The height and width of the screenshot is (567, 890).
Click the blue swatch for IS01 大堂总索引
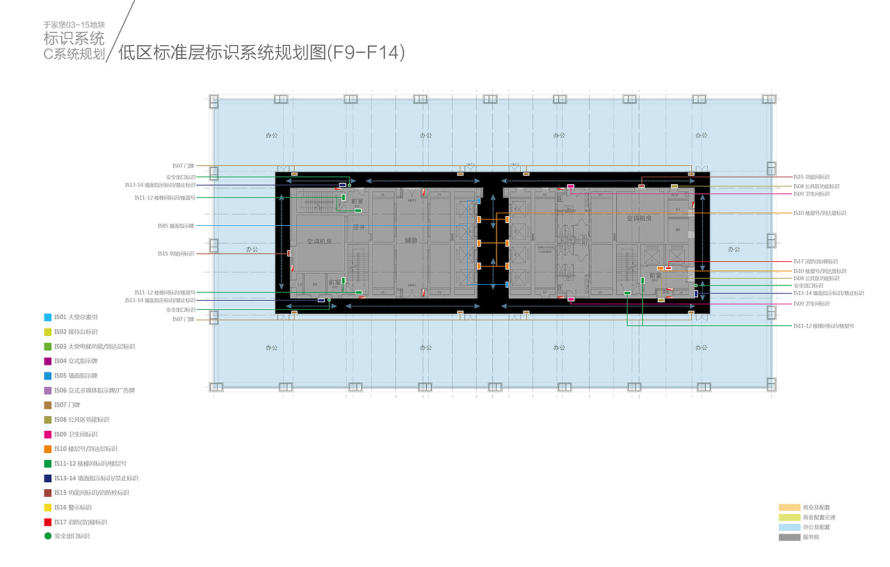(47, 318)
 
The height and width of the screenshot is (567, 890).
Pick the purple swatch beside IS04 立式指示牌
(47, 361)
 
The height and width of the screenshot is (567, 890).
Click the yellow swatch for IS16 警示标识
(47, 507)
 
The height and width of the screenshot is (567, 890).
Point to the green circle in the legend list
(47, 536)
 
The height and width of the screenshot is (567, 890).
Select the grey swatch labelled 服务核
(789, 537)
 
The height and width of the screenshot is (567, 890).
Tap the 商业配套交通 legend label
(819, 518)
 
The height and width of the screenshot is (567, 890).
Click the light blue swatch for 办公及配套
(789, 527)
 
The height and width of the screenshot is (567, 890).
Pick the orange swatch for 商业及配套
(789, 508)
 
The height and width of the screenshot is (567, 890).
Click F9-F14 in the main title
(366, 54)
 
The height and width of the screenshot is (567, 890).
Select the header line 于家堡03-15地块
(74, 25)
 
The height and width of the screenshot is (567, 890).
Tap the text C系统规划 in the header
(74, 54)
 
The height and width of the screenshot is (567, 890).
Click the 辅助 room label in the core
(411, 240)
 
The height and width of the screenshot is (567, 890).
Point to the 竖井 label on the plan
(359, 227)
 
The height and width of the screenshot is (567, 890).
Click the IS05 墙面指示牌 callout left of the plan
(176, 226)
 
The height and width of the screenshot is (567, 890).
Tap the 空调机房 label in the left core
(320, 241)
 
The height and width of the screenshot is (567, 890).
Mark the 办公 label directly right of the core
(734, 249)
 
